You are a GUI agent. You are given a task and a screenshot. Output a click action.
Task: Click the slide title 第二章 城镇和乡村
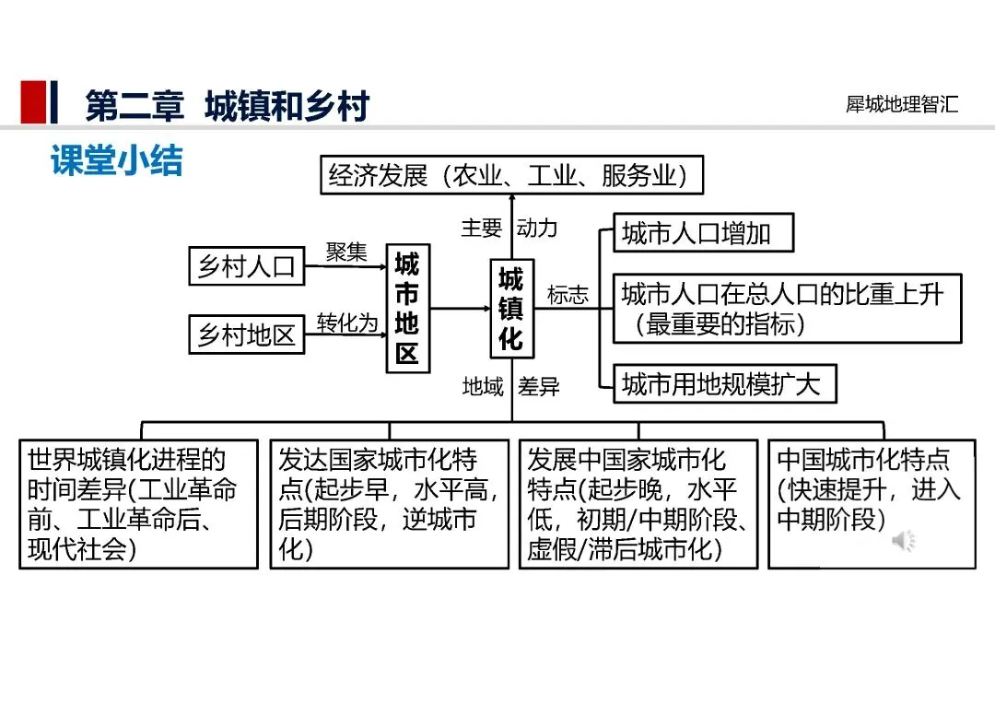pos(227,105)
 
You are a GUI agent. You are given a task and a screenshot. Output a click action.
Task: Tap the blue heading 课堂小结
pos(117,160)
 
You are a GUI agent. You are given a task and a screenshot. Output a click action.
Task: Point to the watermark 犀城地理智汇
pos(902,104)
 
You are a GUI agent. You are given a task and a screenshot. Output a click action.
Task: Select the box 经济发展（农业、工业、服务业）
pos(511,175)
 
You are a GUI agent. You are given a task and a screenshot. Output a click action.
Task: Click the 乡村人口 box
pos(245,267)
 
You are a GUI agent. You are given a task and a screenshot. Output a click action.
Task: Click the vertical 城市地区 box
pos(407,310)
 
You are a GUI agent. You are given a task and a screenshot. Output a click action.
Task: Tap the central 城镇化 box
pos(510,310)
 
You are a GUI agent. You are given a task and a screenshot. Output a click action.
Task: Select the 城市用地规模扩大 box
pos(725,383)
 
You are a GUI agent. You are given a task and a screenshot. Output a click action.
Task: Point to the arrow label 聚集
pos(345,252)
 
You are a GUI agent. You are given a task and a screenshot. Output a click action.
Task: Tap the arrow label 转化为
pos(347,323)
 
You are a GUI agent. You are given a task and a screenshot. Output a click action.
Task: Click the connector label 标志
pos(568,295)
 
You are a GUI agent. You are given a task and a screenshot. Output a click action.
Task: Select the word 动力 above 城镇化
pos(536,228)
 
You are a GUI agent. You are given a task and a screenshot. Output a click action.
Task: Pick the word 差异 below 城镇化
pos(539,387)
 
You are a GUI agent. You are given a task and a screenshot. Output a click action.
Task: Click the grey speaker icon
pos(903,541)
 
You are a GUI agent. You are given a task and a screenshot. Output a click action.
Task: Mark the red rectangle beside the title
pos(33,102)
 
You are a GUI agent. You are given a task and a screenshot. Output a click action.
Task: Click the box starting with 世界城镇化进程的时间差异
pos(138,504)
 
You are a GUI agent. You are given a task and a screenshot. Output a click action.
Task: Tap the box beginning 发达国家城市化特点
pos(389,504)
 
